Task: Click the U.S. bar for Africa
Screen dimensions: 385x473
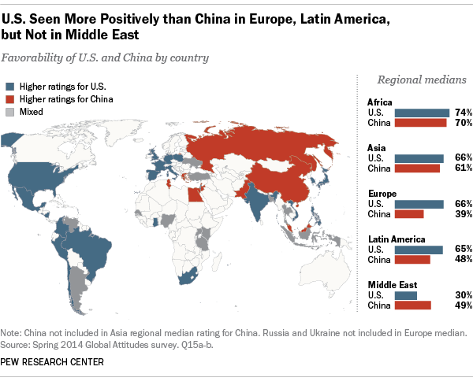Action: pos(422,113)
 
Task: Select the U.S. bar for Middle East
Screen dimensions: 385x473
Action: pos(406,295)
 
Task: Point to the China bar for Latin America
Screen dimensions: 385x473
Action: pos(412,259)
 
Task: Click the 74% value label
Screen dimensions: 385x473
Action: pos(463,113)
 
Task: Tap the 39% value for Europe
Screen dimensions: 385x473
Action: pos(463,213)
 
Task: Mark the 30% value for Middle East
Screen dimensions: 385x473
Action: pos(463,295)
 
